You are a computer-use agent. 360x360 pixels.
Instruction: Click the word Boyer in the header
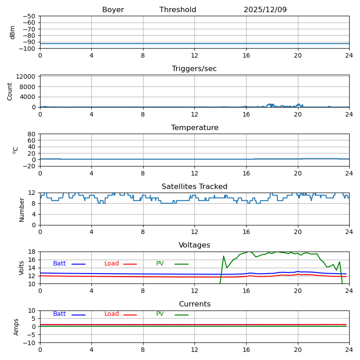click(x=113, y=10)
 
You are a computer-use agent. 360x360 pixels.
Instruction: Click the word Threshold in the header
click(x=178, y=10)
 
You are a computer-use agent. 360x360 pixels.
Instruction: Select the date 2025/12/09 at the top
click(x=265, y=10)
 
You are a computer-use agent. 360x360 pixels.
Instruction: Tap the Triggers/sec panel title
click(x=194, y=69)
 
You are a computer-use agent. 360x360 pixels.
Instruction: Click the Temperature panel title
click(x=194, y=128)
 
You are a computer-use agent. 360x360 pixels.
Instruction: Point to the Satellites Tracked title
click(x=194, y=187)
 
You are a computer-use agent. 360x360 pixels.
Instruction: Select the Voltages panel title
click(x=194, y=245)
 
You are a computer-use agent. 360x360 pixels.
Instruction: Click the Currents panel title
click(x=194, y=304)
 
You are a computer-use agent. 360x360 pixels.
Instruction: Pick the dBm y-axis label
click(x=13, y=32)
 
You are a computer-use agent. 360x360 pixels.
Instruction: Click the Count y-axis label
click(x=10, y=91)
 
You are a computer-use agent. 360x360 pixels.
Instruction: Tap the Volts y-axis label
click(x=22, y=268)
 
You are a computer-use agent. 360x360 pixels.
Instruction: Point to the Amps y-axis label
click(x=16, y=327)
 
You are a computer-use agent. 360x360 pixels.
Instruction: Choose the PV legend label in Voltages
click(x=160, y=264)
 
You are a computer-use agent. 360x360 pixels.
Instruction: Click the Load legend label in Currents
click(x=112, y=314)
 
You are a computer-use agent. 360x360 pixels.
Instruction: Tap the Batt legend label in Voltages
click(x=59, y=264)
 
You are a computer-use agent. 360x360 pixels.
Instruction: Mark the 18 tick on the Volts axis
click(x=32, y=252)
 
